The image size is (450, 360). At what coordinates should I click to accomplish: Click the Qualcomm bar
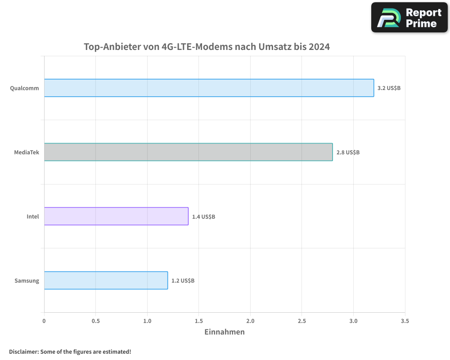(x=209, y=88)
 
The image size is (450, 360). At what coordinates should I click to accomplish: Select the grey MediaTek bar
(x=188, y=152)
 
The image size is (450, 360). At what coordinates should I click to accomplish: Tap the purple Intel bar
(x=116, y=216)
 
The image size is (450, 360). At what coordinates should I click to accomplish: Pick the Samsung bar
(x=106, y=280)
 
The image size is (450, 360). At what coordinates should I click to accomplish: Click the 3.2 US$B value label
(x=389, y=88)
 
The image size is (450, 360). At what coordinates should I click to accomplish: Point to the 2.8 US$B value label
(x=348, y=152)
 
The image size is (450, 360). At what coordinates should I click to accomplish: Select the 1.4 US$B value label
(x=203, y=216)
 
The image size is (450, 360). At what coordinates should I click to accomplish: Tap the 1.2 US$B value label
(x=183, y=281)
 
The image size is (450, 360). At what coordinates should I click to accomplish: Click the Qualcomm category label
(x=25, y=88)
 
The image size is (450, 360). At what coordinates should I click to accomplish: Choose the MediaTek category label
(x=27, y=153)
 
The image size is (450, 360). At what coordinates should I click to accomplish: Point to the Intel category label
(x=33, y=216)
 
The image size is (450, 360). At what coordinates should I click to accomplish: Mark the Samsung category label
(x=27, y=281)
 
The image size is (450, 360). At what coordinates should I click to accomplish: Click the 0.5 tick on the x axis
(x=95, y=321)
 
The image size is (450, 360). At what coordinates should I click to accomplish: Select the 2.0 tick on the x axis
(x=250, y=321)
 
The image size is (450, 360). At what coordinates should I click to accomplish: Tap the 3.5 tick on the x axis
(x=405, y=321)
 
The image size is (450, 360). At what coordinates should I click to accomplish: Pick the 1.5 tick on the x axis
(x=199, y=321)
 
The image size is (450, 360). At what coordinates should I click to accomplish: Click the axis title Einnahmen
(x=225, y=332)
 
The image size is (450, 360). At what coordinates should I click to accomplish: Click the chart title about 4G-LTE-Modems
(x=207, y=47)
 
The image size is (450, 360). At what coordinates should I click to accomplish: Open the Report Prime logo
(x=409, y=18)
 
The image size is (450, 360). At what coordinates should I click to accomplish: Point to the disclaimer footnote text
(x=70, y=351)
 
